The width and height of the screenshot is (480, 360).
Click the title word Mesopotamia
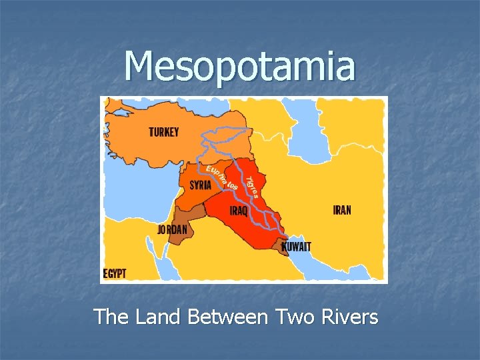[240, 67]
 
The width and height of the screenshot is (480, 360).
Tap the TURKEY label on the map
[163, 132]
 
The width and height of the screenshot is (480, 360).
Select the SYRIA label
[200, 185]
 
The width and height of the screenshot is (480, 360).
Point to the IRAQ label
[239, 211]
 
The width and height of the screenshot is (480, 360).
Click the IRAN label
[342, 210]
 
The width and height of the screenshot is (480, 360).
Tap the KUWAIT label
[297, 247]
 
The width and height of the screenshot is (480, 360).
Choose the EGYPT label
[115, 273]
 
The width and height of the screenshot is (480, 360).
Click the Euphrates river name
[222, 176]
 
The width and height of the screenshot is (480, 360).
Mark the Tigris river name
[251, 187]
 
